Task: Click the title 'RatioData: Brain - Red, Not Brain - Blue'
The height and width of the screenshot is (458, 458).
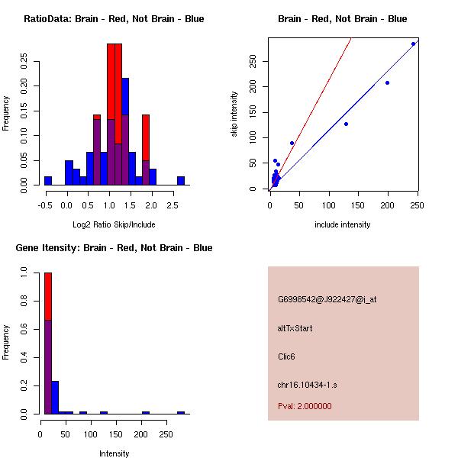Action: (114, 19)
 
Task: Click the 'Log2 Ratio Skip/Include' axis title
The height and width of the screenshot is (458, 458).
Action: (114, 225)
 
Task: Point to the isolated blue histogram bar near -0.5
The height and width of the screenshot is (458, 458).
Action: (48, 180)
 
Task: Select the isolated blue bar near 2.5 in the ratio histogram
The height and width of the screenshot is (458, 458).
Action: (181, 180)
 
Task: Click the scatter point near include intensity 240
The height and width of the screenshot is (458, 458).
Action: (413, 44)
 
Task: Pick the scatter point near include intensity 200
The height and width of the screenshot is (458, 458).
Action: (387, 82)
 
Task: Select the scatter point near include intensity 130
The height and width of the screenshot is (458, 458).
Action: (346, 124)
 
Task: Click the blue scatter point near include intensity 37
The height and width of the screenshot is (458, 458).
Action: (292, 143)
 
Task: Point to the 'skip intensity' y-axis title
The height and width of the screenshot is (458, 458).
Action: (235, 114)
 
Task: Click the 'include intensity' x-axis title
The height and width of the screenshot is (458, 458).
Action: (343, 225)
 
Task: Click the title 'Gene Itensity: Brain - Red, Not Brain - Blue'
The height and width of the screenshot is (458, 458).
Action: (114, 248)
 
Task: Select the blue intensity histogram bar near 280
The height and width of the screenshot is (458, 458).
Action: (181, 412)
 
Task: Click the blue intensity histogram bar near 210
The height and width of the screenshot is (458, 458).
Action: (145, 412)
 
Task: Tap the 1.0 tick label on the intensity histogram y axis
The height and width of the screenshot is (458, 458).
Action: (25, 271)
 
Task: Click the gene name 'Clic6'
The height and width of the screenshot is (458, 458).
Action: (288, 356)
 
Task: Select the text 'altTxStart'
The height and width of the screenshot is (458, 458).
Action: (295, 328)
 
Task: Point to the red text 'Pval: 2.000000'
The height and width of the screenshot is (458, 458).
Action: (305, 406)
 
